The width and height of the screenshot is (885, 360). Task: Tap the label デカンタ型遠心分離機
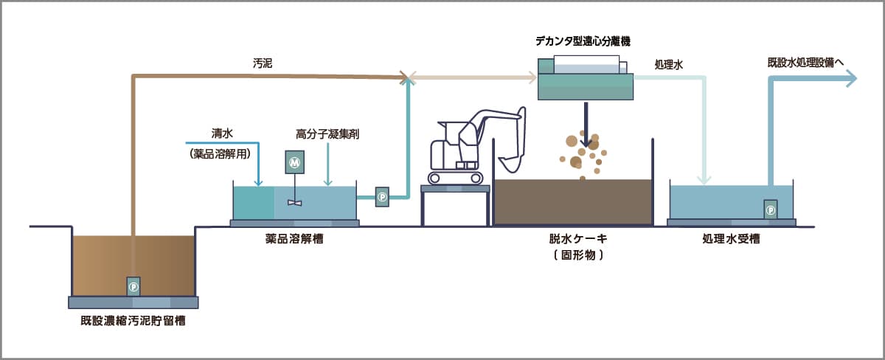[583, 39]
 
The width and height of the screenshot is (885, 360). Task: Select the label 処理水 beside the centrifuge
[669, 65]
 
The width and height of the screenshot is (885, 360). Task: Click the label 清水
[222, 134]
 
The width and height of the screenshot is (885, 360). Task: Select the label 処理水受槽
[731, 238]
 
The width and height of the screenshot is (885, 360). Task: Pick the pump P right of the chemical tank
[382, 197]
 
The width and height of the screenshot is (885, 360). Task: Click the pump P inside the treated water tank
[771, 210]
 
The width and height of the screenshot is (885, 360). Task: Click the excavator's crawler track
[454, 177]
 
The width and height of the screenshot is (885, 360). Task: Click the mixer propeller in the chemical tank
[295, 202]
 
